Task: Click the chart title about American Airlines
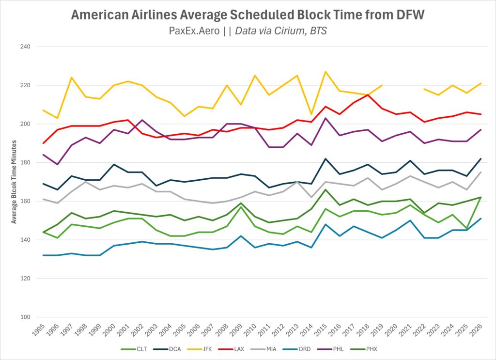tap(248, 15)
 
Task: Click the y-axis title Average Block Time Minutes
tap(15, 182)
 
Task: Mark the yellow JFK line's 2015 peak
tap(325, 72)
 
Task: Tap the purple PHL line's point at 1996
tap(58, 164)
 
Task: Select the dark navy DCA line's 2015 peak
tap(325, 159)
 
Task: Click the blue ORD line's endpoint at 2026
tap(480, 219)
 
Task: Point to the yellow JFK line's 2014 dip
tap(311, 114)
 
